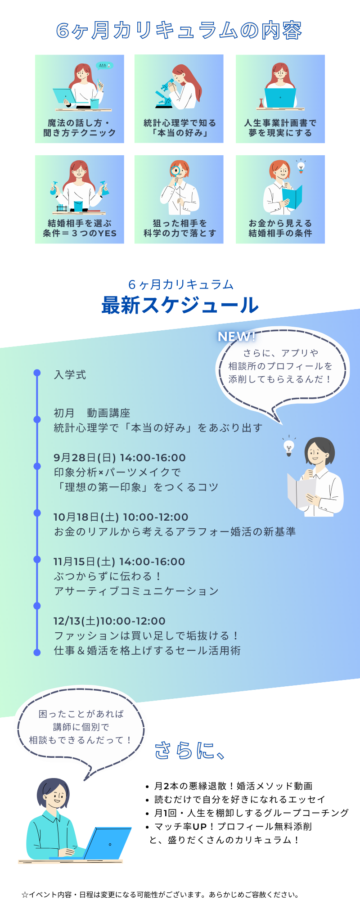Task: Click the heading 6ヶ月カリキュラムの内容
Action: pos(179,30)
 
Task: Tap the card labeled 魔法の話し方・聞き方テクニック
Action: pos(80,99)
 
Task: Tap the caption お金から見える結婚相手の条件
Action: pos(280,228)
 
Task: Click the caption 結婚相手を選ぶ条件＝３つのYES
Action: pos(80,228)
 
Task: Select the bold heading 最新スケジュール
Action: pos(180,306)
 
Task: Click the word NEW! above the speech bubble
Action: pos(236,336)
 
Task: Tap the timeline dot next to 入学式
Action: pos(37,373)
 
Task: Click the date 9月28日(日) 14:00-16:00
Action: pos(120,458)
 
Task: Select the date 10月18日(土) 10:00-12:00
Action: pos(121,517)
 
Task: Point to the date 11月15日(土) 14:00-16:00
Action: pos(119,562)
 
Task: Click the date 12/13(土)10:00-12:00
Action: pos(109,621)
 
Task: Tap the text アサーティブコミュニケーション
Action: pos(136,591)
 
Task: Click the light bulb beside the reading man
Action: pos(289,448)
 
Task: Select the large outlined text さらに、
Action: pos(189,751)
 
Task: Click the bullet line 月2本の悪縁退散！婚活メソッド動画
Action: pos(233,786)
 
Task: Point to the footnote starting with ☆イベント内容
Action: pos(160,895)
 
